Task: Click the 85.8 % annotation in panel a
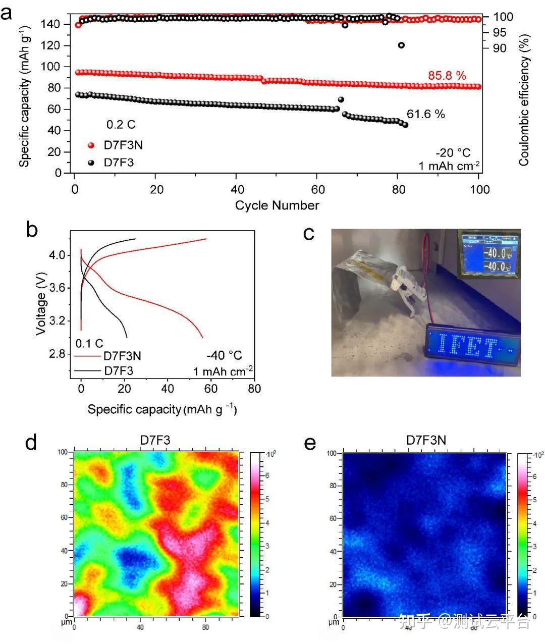tap(447, 76)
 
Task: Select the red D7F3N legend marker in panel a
tap(91, 145)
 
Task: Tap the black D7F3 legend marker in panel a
tap(91, 163)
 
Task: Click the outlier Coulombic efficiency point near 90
tap(401, 45)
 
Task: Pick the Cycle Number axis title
tap(277, 205)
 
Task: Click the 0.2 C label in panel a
tap(121, 124)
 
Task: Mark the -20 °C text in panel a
tap(453, 153)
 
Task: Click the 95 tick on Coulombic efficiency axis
tap(499, 32)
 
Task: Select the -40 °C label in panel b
tap(224, 355)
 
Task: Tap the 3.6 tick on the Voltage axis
tap(58, 288)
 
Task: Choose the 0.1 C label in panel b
tap(90, 344)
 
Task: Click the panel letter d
tap(31, 443)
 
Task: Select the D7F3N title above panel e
tap(426, 441)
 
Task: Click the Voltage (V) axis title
tap(41, 303)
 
